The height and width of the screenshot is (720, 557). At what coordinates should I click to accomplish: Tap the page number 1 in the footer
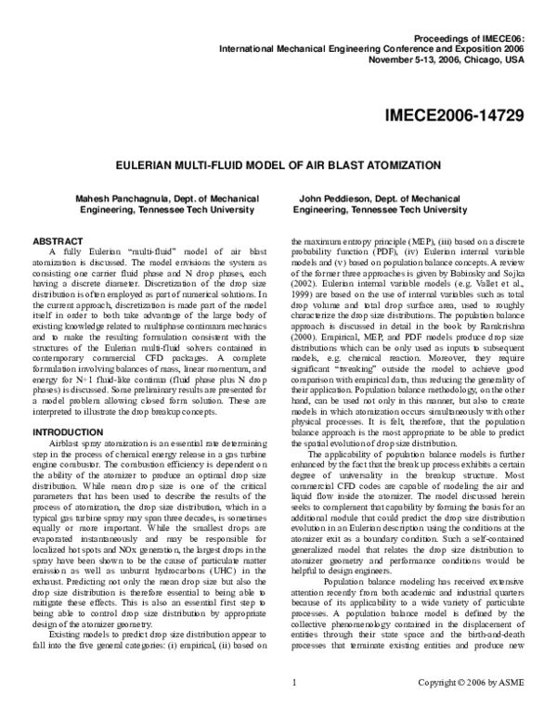coord(293,709)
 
